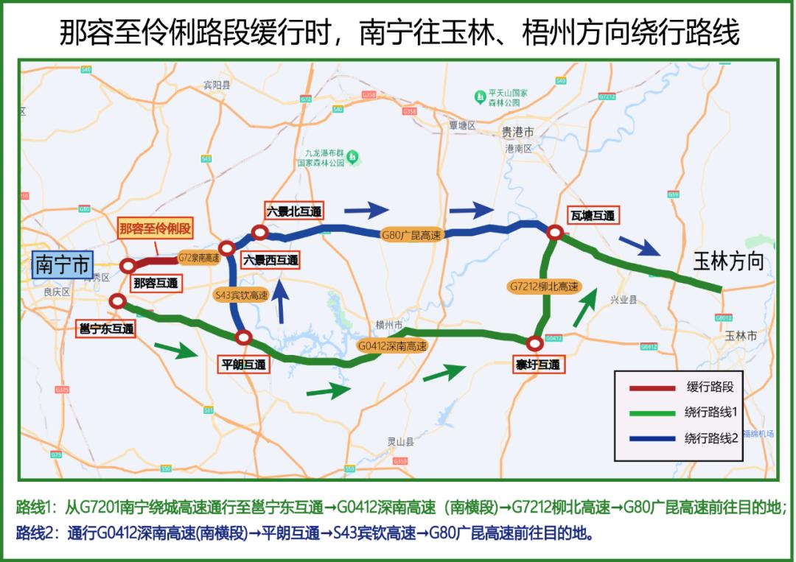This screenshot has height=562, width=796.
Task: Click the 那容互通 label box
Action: point(156,283)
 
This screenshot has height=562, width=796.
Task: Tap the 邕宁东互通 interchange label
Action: point(106,329)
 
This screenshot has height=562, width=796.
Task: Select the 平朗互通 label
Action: point(245,364)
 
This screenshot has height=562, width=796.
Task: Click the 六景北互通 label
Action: point(294,211)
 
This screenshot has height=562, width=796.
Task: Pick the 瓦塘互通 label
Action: point(592,215)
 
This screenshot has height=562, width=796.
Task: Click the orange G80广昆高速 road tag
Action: point(411,236)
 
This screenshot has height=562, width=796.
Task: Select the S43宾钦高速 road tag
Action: point(240,295)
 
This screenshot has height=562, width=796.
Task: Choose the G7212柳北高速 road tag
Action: point(544,286)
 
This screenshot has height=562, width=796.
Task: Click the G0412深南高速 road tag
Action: point(392,345)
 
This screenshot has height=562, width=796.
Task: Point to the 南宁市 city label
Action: point(62,264)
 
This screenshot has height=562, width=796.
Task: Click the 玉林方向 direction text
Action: point(728,262)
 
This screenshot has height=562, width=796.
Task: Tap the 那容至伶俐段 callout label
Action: point(156,229)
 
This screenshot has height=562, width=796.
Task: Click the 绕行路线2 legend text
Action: point(711,438)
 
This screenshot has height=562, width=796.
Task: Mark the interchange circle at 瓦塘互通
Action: point(556,233)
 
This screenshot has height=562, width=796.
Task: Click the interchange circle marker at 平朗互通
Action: point(244,338)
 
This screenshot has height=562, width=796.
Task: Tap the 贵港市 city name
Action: point(517,132)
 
